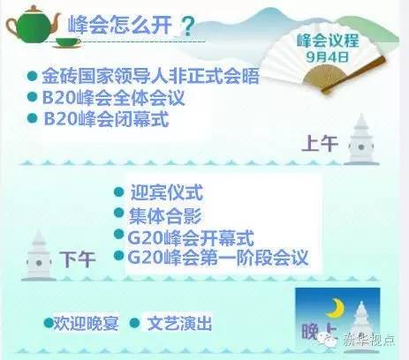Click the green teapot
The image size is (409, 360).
pos(33,25)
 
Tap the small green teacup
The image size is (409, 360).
pos(67,42)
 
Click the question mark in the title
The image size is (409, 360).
pos(187,26)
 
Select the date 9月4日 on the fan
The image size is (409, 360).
pos(328,56)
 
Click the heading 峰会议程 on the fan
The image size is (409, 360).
pos(328,41)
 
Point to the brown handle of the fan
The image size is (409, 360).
pos(353,74)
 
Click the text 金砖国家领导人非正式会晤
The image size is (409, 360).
pos(150,76)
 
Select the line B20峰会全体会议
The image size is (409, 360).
pos(113,98)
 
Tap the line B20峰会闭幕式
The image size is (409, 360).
pos(106,119)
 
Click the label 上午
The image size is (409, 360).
pos(320,143)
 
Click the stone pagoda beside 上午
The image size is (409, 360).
pos(361,139)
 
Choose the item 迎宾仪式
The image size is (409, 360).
pos(167,192)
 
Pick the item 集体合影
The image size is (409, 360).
pos(165,216)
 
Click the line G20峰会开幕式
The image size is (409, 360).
pos(191,238)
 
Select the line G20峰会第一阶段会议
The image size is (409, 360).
pos(218,258)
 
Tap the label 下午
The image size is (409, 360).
pos(78,259)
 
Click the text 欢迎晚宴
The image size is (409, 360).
pos(86,323)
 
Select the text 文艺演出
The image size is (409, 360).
pos(179,323)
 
